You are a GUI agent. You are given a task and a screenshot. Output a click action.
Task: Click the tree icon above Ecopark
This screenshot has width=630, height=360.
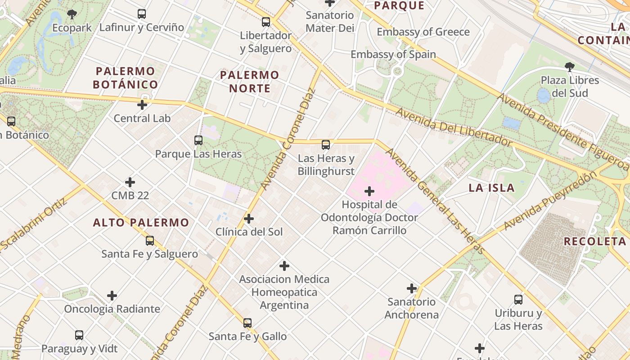[x=72, y=14]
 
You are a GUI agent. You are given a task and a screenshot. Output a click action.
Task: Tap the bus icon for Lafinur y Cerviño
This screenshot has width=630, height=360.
[x=142, y=14]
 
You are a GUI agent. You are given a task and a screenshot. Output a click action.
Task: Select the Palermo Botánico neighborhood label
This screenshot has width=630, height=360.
[x=126, y=78]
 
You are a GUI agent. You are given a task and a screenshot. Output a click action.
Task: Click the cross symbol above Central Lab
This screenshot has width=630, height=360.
[x=142, y=105]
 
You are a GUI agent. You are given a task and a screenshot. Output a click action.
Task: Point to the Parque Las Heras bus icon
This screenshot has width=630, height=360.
[x=198, y=140]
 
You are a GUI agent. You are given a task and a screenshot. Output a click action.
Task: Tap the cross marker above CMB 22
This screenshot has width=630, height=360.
[x=130, y=182]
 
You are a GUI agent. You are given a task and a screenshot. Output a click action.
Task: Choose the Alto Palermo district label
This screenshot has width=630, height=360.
[x=141, y=222]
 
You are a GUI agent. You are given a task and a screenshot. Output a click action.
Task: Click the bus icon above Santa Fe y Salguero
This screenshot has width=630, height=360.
[x=150, y=241]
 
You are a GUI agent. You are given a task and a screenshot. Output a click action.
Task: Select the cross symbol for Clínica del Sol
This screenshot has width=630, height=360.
[x=249, y=219]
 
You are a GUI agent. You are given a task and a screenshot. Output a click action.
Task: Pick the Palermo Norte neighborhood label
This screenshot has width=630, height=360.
[x=250, y=81]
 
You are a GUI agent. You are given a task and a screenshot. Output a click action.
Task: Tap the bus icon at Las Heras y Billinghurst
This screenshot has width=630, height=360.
[x=326, y=145]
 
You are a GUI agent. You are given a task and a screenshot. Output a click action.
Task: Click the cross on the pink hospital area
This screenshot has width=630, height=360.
[x=369, y=191]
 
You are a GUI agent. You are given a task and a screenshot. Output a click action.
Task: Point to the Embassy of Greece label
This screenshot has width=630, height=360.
[x=423, y=32]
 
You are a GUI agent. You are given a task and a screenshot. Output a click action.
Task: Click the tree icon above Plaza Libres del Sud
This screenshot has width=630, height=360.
[x=570, y=67]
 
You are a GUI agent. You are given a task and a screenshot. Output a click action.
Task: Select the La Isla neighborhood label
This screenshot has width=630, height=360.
[x=491, y=188]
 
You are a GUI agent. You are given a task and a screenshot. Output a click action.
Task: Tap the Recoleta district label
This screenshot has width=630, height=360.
[x=595, y=241]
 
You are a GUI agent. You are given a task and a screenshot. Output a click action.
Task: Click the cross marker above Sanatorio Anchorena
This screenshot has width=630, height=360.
[x=412, y=288]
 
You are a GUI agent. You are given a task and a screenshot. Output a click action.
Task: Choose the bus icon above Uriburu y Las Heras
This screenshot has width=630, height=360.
[x=518, y=300]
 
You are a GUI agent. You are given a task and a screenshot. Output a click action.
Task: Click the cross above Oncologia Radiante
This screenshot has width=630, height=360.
[x=112, y=296]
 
